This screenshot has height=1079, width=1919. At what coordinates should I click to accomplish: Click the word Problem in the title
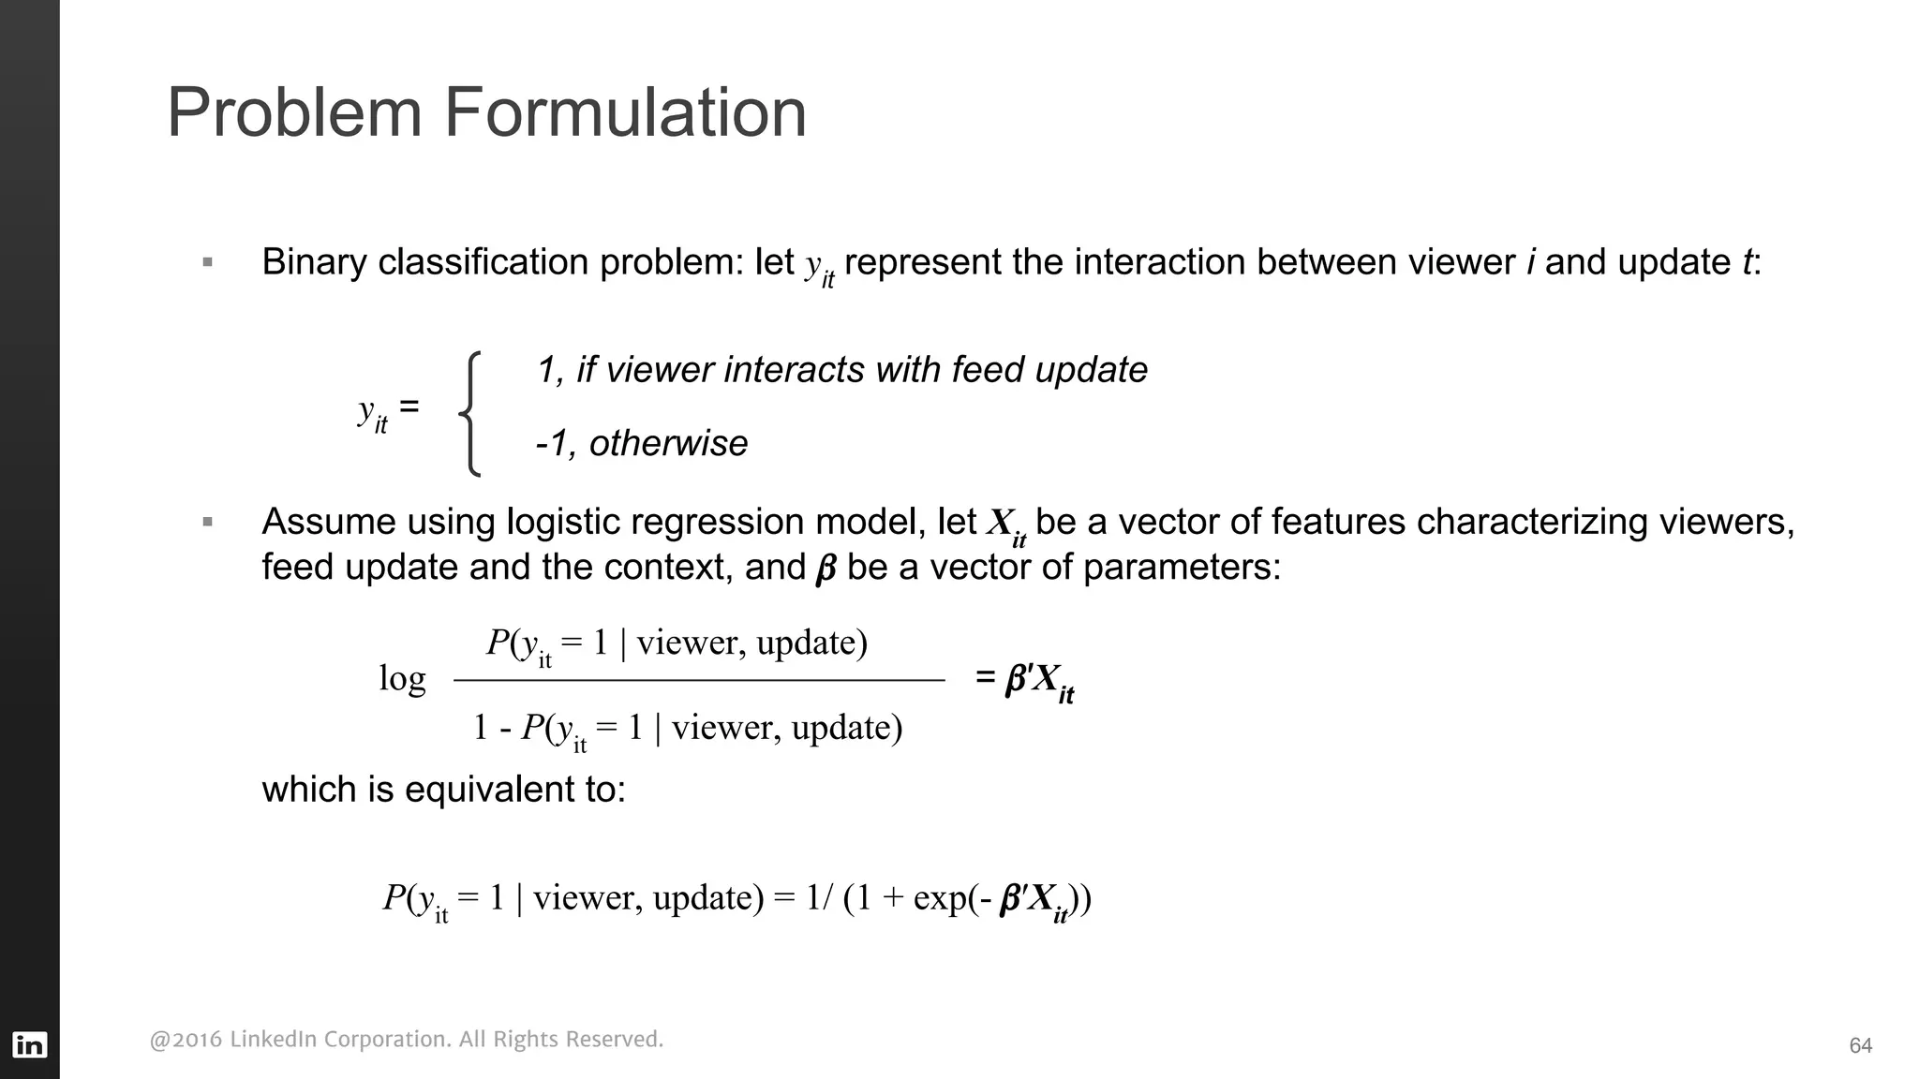pos(294,114)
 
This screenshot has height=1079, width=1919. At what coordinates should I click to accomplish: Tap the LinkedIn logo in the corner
pos(29,1044)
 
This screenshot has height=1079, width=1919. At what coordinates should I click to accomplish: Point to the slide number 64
pos(1860,1046)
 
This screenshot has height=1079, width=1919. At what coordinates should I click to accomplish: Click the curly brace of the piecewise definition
pos(471,413)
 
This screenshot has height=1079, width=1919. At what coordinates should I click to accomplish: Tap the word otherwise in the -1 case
pos(668,443)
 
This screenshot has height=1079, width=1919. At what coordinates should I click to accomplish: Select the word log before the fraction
pos(402,678)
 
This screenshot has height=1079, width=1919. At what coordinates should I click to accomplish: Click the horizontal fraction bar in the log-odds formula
pos(698,680)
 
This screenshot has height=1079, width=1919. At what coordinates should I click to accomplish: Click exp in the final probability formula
pos(940,898)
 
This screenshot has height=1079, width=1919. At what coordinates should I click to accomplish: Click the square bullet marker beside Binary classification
pos(208,262)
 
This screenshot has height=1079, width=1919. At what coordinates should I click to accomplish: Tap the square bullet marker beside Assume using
pos(208,522)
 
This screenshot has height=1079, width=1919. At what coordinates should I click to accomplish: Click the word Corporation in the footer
pos(383,1040)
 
